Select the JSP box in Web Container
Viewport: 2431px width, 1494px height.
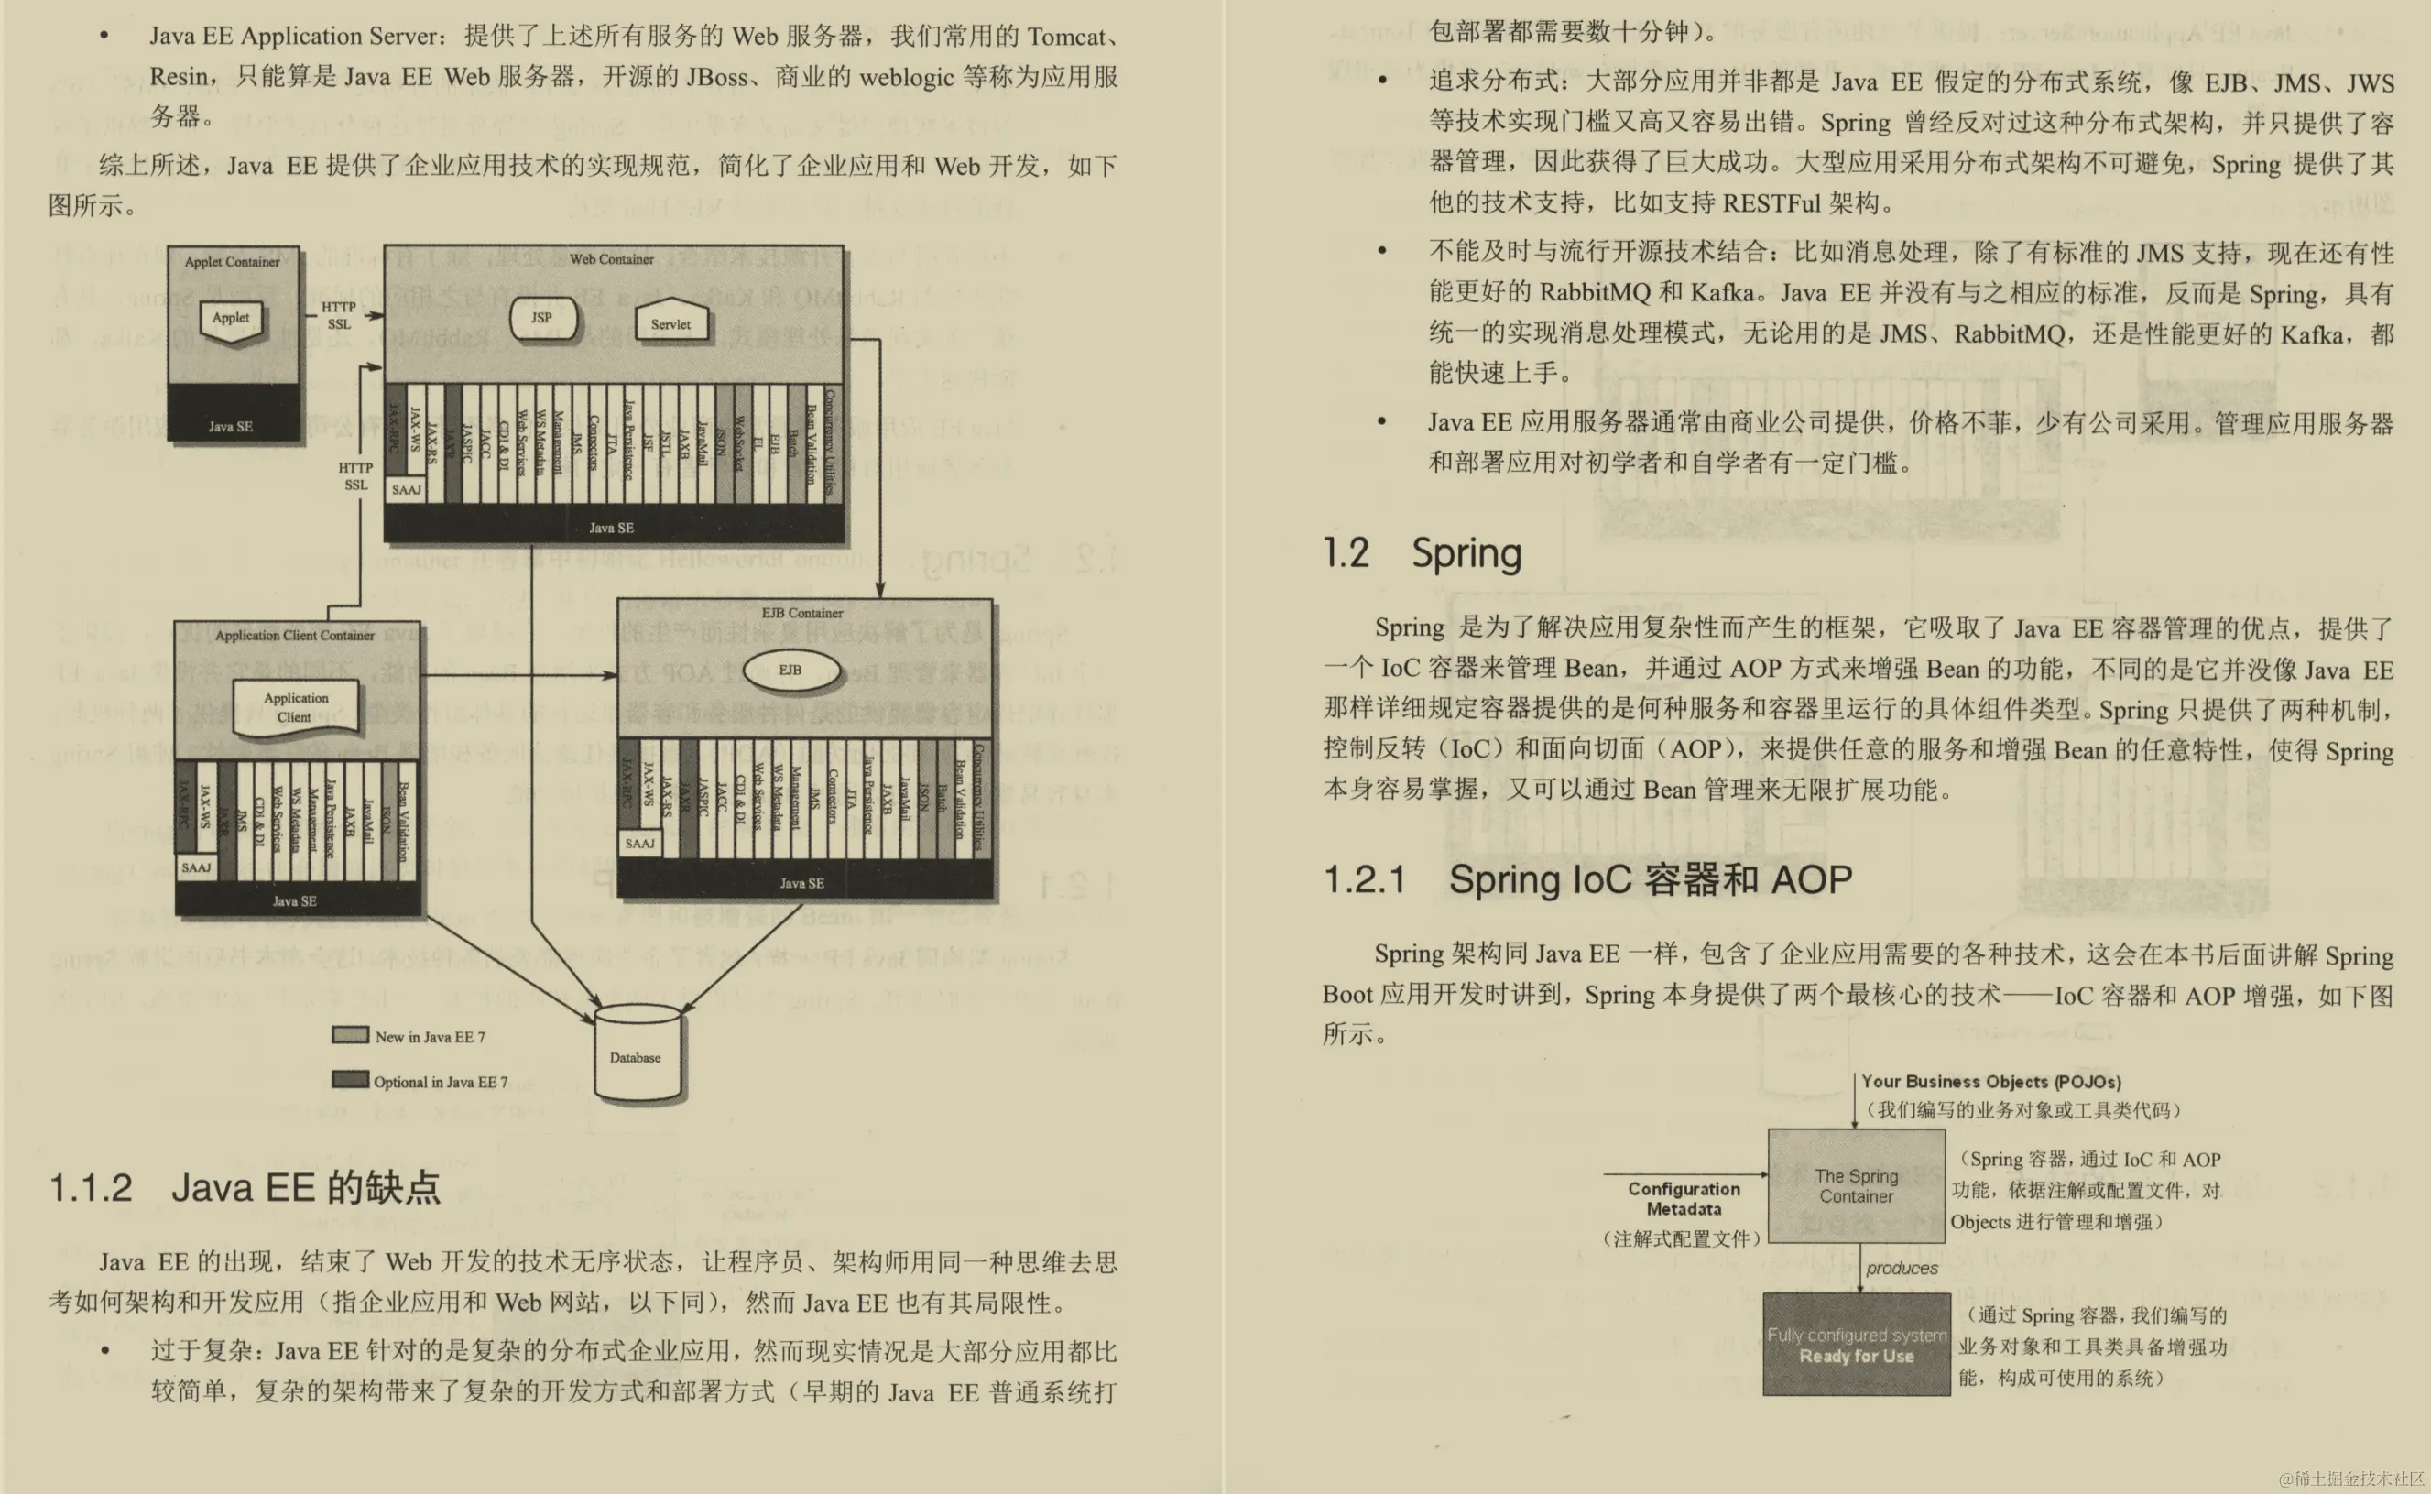click(541, 318)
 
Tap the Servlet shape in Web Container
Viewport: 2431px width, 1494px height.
click(670, 322)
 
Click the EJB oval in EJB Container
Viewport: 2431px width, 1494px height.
click(790, 670)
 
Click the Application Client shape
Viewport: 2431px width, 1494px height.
click(295, 706)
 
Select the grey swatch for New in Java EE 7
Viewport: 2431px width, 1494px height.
click(351, 1034)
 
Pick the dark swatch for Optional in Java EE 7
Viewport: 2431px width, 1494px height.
click(351, 1079)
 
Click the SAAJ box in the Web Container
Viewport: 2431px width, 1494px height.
click(406, 489)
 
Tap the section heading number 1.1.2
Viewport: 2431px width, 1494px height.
click(91, 1188)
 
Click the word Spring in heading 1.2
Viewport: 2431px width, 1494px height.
click(1466, 553)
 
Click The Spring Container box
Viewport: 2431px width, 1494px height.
click(1856, 1185)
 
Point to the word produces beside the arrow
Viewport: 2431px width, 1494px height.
click(1902, 1268)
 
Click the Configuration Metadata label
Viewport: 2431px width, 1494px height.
click(1684, 1198)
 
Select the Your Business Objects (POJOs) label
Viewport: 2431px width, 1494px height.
click(1990, 1081)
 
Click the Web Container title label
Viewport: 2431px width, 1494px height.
click(612, 259)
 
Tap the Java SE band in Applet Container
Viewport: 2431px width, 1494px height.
click(231, 426)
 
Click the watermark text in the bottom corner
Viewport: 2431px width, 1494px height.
click(2350, 1478)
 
